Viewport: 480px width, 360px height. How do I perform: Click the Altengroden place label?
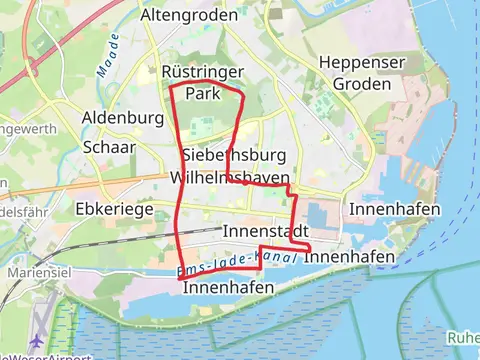189,16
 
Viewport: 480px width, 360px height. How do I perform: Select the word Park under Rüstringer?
202,93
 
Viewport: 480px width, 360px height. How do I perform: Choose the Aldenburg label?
123,118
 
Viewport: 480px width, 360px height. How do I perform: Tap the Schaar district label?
110,145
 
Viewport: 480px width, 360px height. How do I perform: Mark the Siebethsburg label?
234,156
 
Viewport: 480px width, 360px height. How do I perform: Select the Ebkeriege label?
114,210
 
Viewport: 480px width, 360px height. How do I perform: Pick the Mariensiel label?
37,272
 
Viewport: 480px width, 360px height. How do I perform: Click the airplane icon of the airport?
38,339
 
